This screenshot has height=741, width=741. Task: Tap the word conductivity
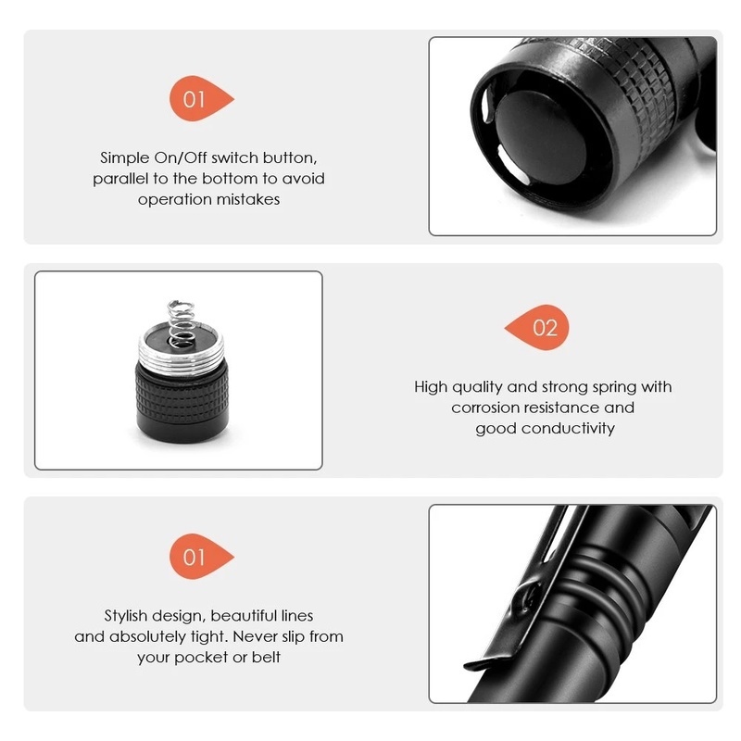coord(568,428)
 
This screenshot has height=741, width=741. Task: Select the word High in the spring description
coord(431,387)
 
